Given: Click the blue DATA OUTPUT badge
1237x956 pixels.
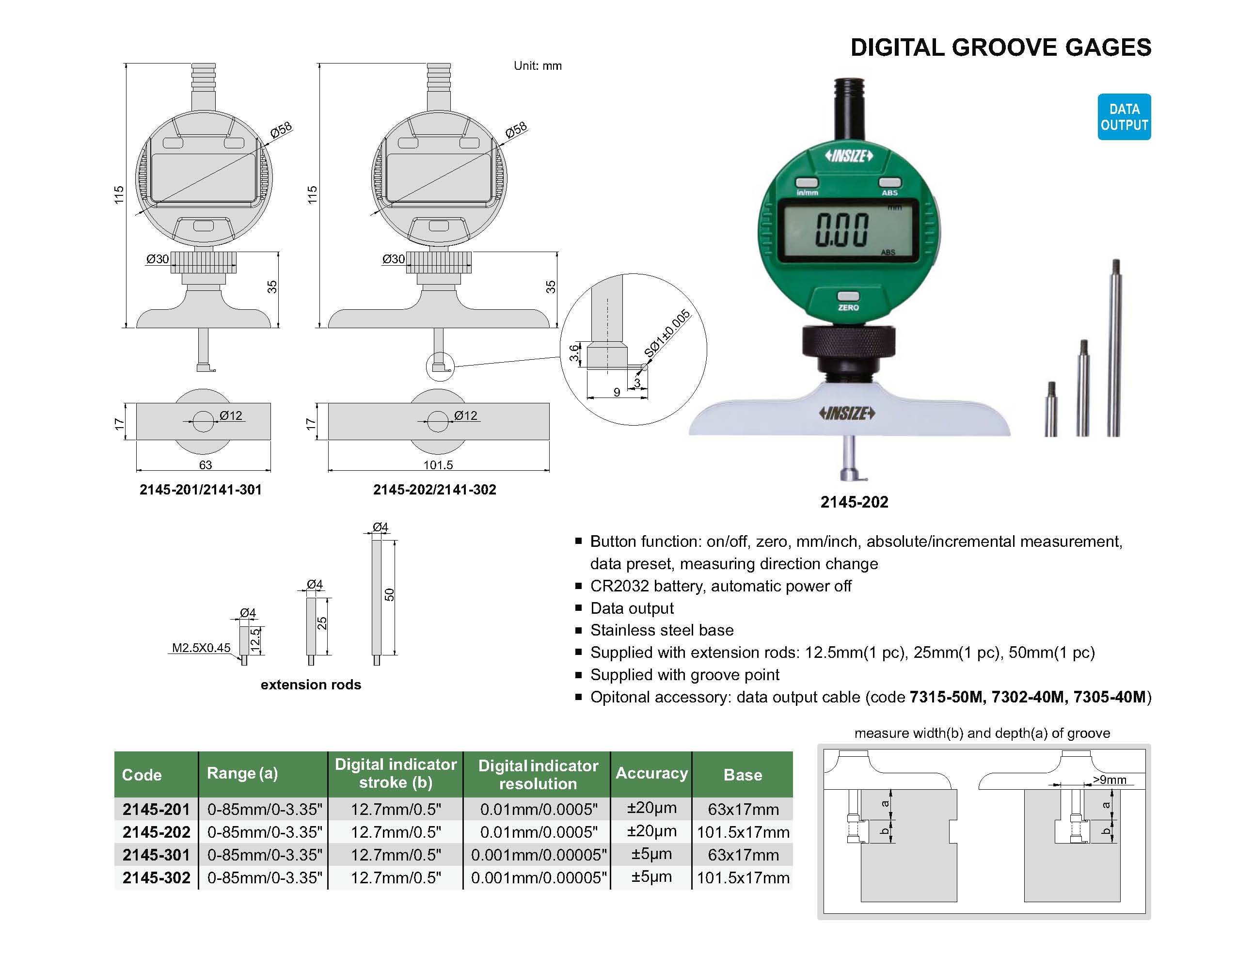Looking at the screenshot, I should pos(1124,117).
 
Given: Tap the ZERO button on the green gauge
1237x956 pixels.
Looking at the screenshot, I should pos(848,297).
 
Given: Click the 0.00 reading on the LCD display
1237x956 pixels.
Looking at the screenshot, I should pos(841,230).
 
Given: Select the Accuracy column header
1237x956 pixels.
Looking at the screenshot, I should pos(651,773).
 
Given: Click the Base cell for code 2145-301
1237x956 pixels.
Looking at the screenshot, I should pos(743,855).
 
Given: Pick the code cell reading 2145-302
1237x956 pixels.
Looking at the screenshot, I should pos(157,877).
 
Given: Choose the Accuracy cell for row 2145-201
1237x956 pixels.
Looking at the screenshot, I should pos(651,808).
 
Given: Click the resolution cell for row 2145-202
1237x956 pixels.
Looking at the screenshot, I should pos(538,832).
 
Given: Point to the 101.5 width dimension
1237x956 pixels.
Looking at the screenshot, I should pos(438,465).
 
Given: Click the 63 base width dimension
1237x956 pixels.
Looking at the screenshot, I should pos(205,465).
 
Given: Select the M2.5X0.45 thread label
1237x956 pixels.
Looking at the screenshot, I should pos(201,647).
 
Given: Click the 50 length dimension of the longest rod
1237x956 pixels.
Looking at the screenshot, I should pos(389,595).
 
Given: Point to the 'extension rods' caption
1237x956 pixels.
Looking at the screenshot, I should pos(310,684).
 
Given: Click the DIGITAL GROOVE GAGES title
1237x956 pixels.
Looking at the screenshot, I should pos(1000,48).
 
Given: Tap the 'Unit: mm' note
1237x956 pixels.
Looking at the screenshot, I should pos(537,66).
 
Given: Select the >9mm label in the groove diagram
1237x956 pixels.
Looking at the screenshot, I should pos(1109,780).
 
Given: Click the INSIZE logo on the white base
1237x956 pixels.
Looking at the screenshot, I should pos(847,414).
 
